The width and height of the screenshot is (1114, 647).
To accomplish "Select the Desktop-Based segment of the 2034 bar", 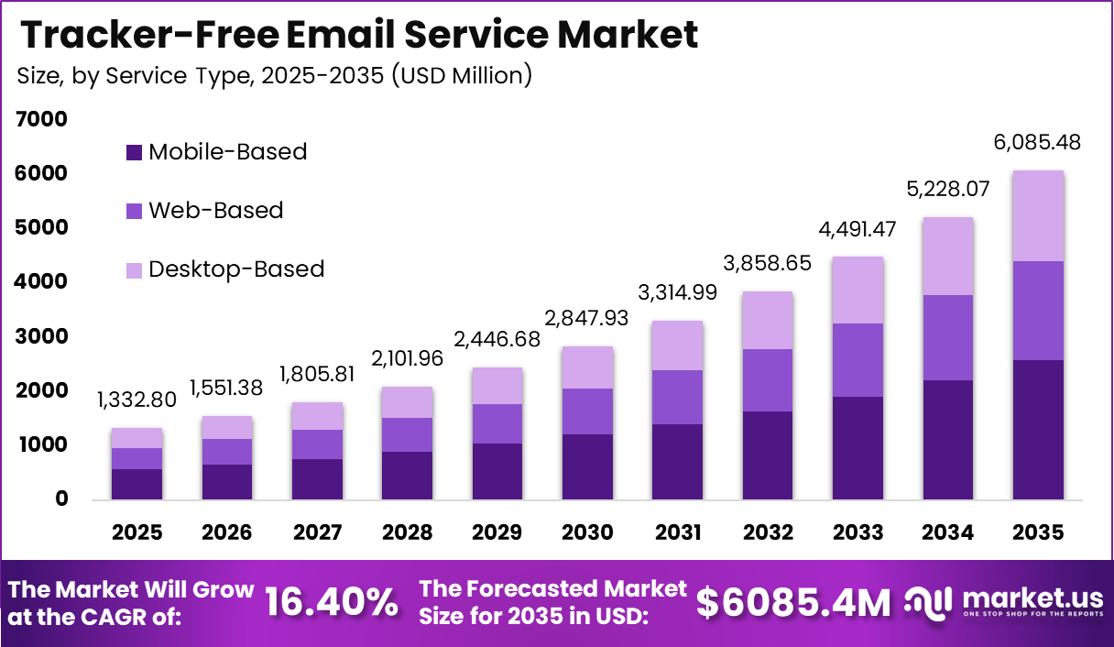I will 947,256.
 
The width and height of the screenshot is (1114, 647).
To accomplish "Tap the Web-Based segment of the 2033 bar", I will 857,359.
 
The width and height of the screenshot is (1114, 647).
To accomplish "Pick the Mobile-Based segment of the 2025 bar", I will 137,483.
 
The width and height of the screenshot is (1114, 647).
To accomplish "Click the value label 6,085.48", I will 1037,142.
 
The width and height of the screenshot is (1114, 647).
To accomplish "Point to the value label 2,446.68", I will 497,339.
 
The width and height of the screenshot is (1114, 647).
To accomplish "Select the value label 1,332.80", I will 137,400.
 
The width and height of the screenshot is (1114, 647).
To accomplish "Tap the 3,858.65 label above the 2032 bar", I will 768,263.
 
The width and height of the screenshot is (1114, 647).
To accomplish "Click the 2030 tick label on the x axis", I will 586,532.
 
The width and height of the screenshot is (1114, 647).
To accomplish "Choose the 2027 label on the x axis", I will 317,532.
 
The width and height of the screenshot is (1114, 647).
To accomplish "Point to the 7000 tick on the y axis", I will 41,119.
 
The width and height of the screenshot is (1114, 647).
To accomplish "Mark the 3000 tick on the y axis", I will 41,336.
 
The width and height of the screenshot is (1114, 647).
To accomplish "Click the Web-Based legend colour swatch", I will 134,211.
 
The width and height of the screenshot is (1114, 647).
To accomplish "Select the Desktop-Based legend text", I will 236,269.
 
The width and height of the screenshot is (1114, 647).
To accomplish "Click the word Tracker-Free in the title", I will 148,35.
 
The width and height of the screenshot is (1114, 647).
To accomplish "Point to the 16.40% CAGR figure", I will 332,602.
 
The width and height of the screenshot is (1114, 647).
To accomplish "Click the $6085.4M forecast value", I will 792,602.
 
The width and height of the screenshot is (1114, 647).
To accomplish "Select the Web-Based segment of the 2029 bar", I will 497,423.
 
